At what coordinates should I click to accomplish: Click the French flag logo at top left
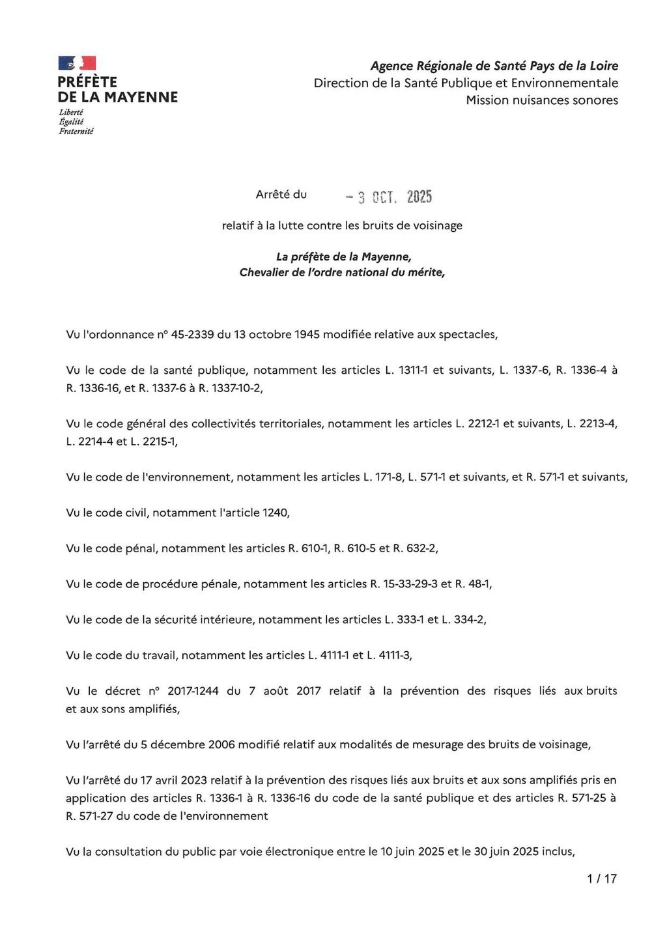(x=77, y=63)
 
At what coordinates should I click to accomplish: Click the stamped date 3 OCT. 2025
(x=389, y=197)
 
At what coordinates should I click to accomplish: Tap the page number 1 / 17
(x=601, y=879)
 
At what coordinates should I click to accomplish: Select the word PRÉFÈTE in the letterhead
(x=87, y=82)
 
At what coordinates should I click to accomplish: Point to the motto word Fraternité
(x=76, y=132)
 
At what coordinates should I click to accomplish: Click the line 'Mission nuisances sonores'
(x=542, y=100)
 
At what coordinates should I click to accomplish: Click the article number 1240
(x=275, y=513)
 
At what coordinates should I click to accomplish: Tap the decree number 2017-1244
(x=193, y=691)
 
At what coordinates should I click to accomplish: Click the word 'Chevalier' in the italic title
(x=264, y=273)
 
